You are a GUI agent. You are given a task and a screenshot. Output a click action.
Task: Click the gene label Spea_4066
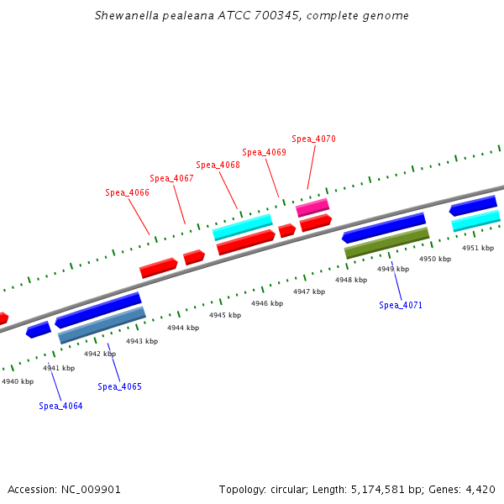click(127, 193)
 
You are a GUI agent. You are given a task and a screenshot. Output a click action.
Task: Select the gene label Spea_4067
click(171, 178)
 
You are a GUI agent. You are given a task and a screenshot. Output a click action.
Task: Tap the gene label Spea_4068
click(218, 165)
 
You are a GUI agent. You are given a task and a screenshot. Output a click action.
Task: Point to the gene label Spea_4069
click(264, 153)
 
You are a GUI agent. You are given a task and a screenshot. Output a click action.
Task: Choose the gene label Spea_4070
click(313, 139)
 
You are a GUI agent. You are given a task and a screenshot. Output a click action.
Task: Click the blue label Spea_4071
click(400, 305)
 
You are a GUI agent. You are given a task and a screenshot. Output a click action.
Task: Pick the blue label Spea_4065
click(119, 386)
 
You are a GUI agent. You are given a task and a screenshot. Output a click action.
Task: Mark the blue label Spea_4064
click(60, 406)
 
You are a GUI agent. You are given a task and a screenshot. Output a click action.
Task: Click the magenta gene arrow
click(312, 207)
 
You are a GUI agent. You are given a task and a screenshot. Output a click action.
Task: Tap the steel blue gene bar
click(102, 325)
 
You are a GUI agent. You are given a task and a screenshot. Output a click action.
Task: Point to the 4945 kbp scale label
click(224, 315)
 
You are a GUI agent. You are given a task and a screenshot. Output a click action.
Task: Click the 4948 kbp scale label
click(350, 280)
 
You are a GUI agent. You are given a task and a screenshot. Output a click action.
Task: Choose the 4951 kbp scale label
click(477, 248)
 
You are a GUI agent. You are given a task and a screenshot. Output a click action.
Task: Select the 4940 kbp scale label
click(17, 381)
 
